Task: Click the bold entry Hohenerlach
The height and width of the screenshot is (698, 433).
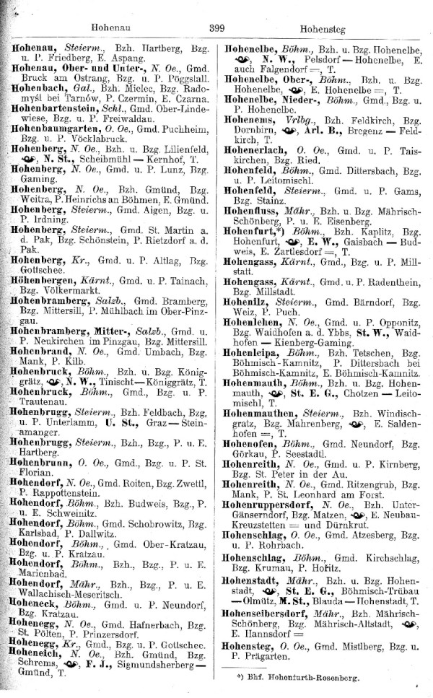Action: (x=257, y=152)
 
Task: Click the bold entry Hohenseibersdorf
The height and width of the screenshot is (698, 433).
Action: (x=272, y=633)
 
